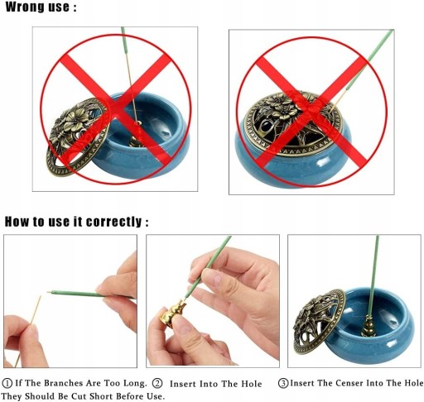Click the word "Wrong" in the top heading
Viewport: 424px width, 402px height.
(25, 7)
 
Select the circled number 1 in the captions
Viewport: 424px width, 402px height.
(7, 383)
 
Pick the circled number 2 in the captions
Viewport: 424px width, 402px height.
(157, 384)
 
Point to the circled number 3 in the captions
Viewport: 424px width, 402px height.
(283, 383)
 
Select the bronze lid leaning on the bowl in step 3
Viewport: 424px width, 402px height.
(319, 321)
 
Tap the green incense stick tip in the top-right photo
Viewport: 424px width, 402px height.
(392, 31)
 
